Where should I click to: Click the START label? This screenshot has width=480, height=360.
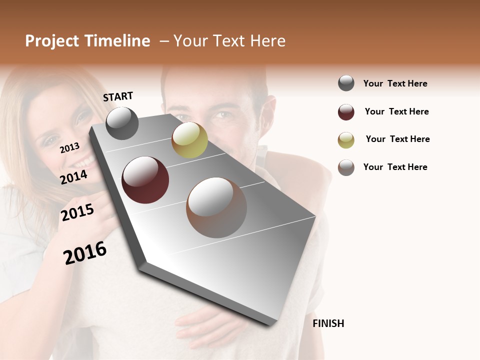point(118,96)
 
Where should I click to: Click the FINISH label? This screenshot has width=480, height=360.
point(328,323)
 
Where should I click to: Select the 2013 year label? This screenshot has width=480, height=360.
point(69,147)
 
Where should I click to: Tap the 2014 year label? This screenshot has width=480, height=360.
point(73,177)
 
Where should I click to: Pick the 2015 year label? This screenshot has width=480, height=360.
point(77,212)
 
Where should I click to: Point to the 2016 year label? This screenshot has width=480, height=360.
point(85,252)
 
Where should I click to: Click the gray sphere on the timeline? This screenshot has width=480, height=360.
point(122,123)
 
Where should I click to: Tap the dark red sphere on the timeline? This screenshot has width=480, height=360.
point(145,180)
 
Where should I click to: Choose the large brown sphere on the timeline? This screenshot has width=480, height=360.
point(216,207)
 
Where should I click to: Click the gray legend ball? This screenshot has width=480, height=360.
point(346,83)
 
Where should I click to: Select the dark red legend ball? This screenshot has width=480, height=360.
point(346,112)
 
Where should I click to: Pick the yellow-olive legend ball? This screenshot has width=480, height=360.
point(346,140)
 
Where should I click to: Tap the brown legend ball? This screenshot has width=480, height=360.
point(346,167)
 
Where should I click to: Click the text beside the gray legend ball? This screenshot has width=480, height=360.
point(395,83)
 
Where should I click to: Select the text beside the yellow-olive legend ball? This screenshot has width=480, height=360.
point(397,139)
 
